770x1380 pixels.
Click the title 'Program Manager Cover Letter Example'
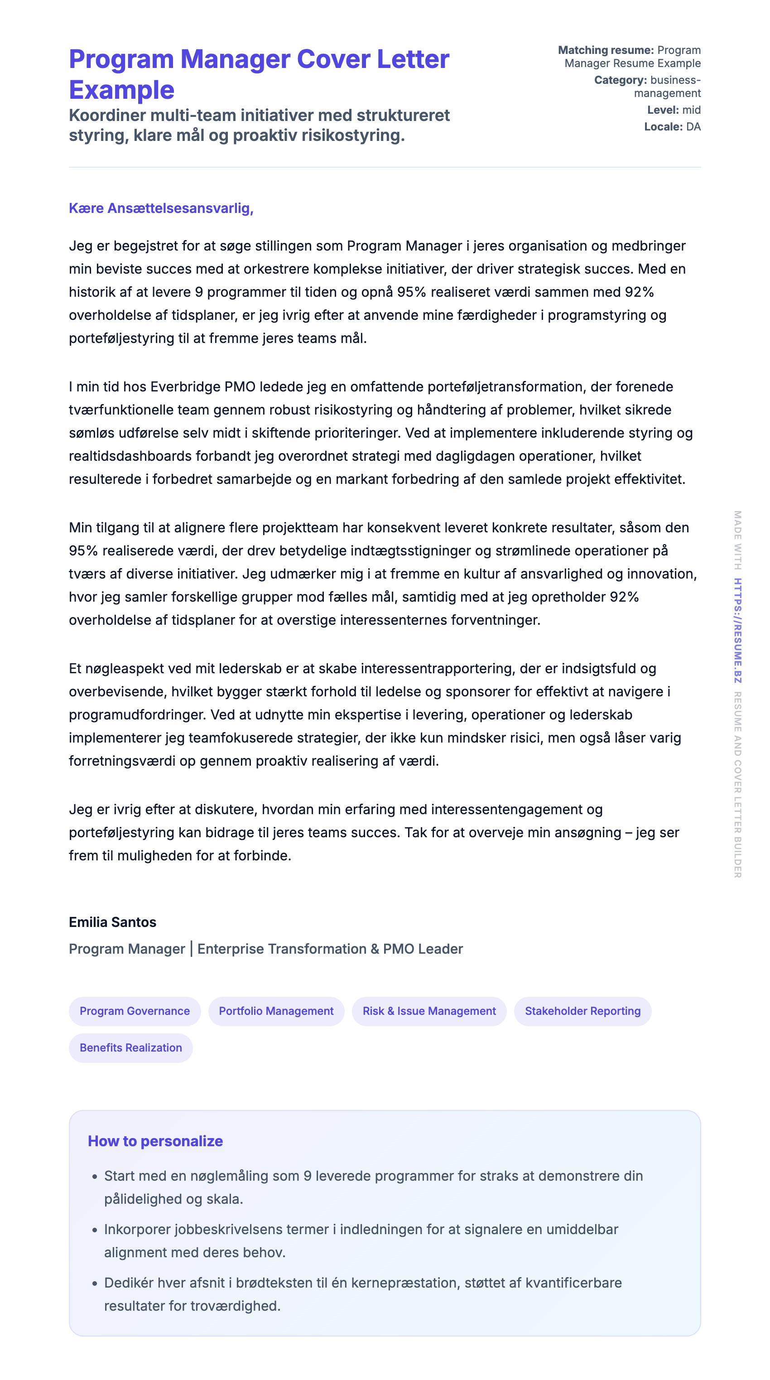click(259, 74)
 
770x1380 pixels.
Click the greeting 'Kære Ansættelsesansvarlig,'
click(161, 208)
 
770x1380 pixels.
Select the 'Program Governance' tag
click(135, 1011)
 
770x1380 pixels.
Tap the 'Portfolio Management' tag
click(276, 1011)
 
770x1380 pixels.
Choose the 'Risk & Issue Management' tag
click(429, 1011)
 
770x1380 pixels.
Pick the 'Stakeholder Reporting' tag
click(582, 1011)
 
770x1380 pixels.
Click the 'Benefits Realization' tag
click(130, 1048)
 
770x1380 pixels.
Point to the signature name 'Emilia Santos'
click(112, 922)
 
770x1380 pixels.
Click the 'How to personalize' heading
click(155, 1141)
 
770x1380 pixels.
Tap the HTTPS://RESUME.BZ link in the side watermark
click(737, 631)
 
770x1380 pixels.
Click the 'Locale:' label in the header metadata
click(663, 127)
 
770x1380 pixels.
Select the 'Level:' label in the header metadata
click(663, 111)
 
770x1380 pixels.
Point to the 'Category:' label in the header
click(620, 80)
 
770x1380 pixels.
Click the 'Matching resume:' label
click(606, 50)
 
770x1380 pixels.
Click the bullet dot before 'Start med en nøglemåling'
click(95, 1177)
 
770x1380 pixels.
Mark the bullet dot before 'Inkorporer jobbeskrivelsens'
click(95, 1230)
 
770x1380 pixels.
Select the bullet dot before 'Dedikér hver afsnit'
click(95, 1284)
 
